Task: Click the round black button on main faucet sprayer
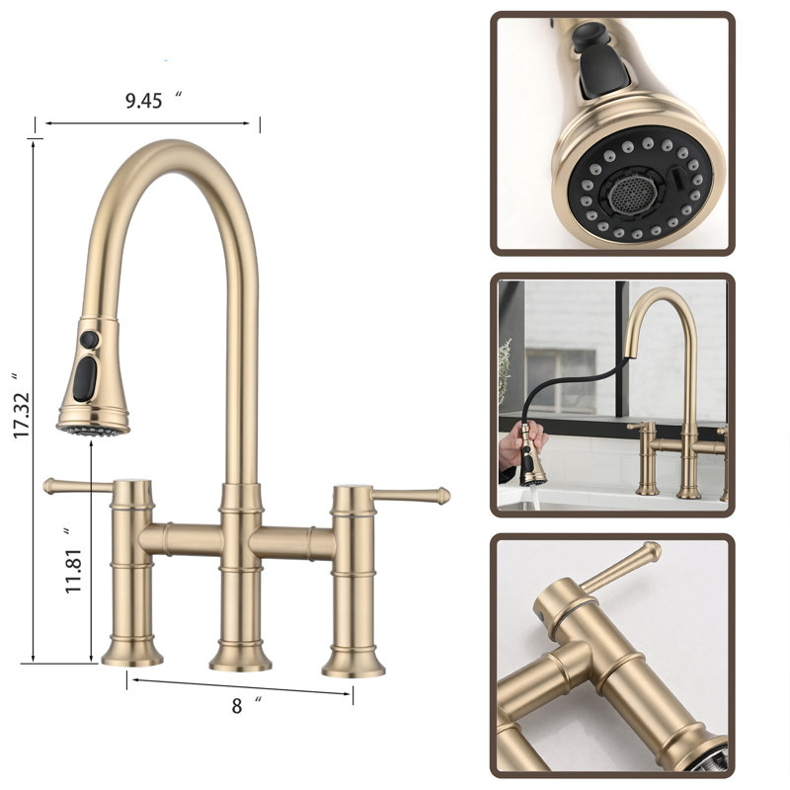click(x=89, y=340)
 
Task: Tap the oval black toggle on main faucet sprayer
click(x=85, y=379)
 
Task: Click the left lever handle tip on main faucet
click(x=48, y=486)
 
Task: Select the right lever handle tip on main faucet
click(x=442, y=496)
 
